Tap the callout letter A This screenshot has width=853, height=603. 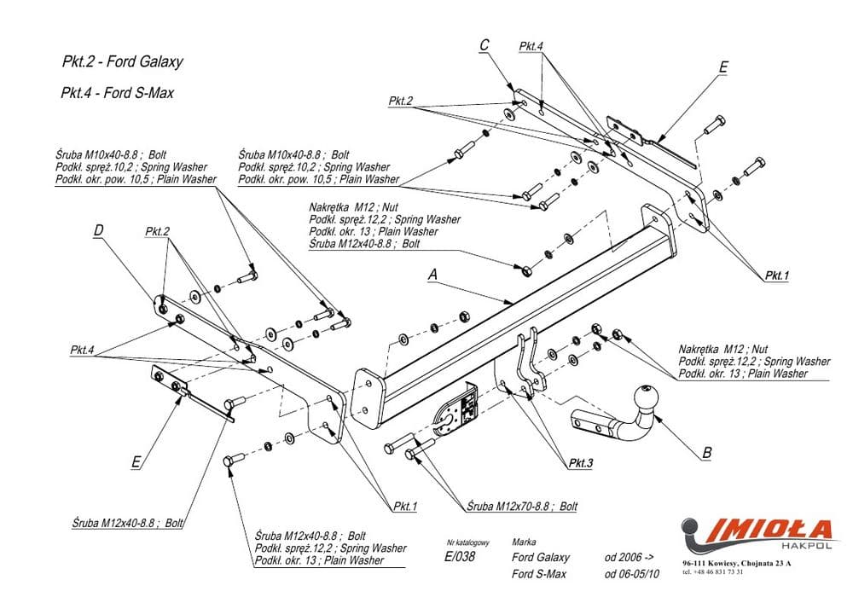click(x=432, y=275)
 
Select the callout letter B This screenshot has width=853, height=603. click(x=706, y=454)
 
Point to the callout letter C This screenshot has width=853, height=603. click(x=484, y=45)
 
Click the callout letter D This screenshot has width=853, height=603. click(x=99, y=230)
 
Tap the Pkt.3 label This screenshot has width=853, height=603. click(x=578, y=463)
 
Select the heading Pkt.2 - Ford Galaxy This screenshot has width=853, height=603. click(x=123, y=62)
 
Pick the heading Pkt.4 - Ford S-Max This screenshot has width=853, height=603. click(x=118, y=92)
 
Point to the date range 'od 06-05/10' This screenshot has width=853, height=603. click(x=632, y=574)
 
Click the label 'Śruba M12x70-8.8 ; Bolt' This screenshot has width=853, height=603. click(x=522, y=507)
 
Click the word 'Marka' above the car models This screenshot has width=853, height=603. click(x=524, y=542)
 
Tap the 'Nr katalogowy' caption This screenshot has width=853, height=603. click(x=467, y=542)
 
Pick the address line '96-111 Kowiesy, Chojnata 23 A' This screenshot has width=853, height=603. click(x=736, y=564)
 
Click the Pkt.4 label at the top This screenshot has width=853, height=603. click(x=531, y=46)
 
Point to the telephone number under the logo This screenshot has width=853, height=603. click(x=712, y=572)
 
